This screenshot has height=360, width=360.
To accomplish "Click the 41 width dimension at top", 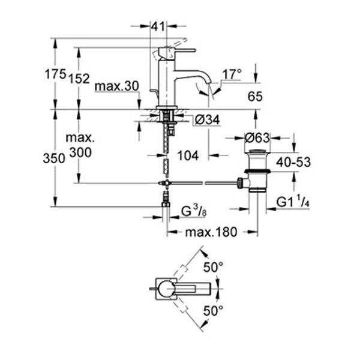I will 158,26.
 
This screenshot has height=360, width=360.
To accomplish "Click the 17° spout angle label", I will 232,74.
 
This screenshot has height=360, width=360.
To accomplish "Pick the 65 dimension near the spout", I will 256,95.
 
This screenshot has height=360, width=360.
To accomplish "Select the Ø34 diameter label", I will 208,121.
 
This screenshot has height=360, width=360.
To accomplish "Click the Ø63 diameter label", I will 258,138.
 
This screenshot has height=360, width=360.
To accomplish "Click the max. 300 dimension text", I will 80,146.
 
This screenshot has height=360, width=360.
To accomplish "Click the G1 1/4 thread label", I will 294,203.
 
